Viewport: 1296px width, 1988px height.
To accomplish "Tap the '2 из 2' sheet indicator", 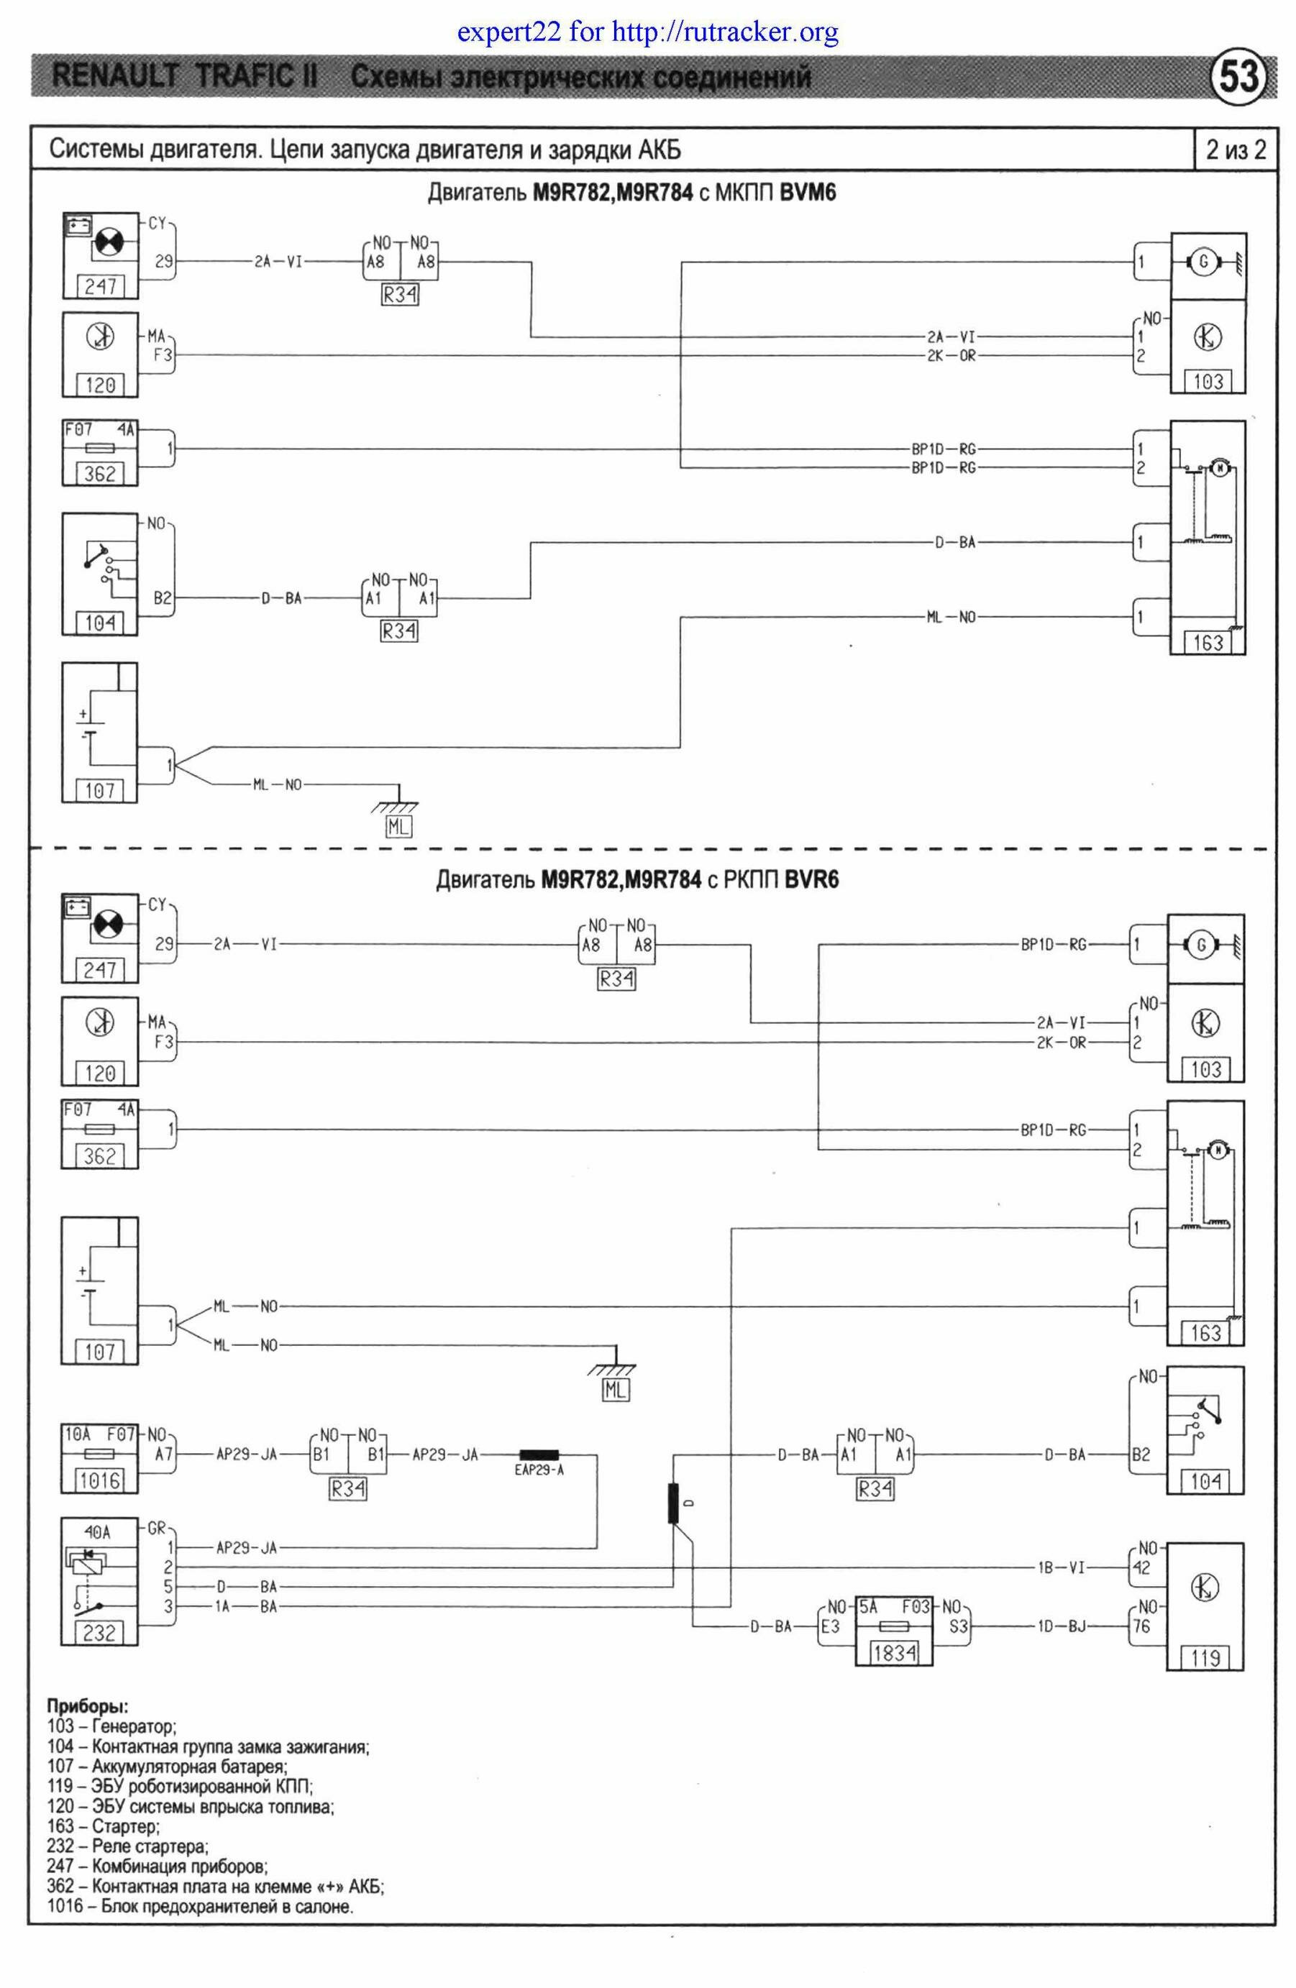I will [1235, 150].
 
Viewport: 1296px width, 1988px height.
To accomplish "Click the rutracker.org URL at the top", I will [724, 32].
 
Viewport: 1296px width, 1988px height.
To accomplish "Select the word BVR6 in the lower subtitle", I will [811, 880].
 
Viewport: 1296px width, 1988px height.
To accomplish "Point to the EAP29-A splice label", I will [539, 1470].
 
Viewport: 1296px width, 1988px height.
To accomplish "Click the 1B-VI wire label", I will [1062, 1568].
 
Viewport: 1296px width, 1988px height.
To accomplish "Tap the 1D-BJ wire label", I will [1062, 1626].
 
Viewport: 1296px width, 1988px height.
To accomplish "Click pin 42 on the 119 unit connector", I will [1141, 1568].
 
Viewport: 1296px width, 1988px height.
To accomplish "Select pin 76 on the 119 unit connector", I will [1141, 1626].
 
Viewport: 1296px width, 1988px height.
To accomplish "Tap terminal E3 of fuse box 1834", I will [830, 1626].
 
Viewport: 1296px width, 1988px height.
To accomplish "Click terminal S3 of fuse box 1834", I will [959, 1626].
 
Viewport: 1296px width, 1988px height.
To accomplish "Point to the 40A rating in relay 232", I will [98, 1533].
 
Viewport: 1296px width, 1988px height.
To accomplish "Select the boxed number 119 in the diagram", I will [1205, 1657].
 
